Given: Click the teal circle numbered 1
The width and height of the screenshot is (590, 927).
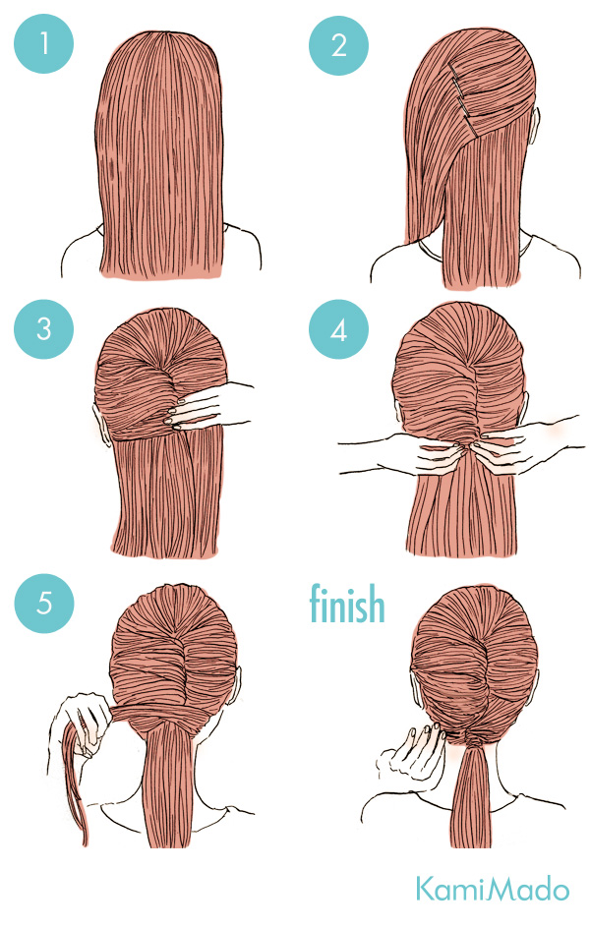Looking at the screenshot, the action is [x=43, y=44].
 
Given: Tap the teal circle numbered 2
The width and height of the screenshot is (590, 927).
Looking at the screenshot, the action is [x=338, y=45].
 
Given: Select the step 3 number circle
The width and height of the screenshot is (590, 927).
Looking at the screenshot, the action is [x=43, y=329].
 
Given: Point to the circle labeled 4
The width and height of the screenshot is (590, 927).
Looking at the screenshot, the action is [x=338, y=329].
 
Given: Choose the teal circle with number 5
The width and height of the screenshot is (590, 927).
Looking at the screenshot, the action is [x=43, y=603].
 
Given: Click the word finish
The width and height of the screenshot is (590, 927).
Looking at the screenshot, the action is [x=347, y=604].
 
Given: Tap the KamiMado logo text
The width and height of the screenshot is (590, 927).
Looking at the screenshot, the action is [x=492, y=889].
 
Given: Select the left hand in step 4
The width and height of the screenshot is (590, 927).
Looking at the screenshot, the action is [x=402, y=453].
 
